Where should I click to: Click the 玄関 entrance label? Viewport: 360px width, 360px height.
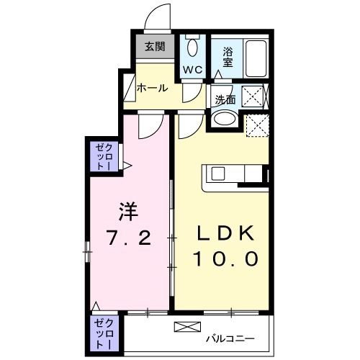[153, 48]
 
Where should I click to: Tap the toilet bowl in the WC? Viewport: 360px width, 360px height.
[192, 48]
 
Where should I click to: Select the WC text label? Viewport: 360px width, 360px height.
[192, 70]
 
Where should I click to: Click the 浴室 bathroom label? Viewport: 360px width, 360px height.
[228, 57]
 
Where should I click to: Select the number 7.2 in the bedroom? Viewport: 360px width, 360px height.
[128, 239]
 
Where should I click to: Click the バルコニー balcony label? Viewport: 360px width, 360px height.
[229, 336]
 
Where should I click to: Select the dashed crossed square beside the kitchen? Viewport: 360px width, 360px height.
[256, 127]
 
